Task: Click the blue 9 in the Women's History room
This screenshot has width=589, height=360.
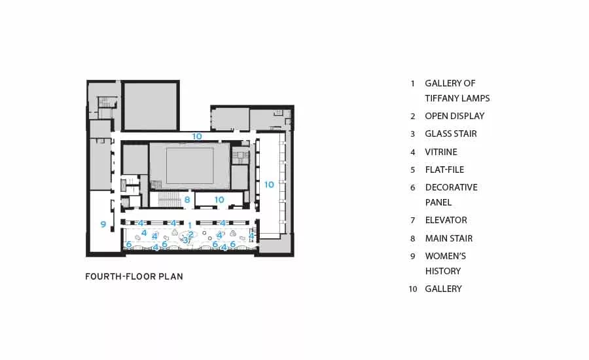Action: coord(103,225)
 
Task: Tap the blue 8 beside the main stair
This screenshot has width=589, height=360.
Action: coord(187,200)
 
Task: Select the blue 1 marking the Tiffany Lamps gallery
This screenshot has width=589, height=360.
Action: coord(190,225)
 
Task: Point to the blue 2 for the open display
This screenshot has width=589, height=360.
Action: coord(191,234)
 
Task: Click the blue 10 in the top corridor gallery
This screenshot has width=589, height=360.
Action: coord(197,136)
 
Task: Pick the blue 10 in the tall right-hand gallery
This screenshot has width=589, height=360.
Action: coord(269,185)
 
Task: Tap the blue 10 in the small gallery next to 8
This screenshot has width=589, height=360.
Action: coord(219,200)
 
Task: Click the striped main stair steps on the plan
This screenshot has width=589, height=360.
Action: coord(170,200)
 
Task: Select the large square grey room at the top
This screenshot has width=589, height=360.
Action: coord(151,106)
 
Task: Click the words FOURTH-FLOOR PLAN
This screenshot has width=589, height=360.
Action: coord(134,277)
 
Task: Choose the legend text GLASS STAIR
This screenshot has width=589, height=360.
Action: coord(451,134)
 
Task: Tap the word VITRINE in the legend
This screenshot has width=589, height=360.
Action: coord(441,152)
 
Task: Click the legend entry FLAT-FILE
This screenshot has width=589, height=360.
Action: coord(444,170)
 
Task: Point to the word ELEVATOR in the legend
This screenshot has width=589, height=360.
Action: coord(446,220)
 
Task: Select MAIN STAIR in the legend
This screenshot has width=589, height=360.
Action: coord(449,238)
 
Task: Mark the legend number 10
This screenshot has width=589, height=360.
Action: coord(413,289)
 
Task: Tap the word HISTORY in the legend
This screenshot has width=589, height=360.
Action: coord(443,271)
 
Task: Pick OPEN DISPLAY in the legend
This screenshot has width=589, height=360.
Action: coord(455,116)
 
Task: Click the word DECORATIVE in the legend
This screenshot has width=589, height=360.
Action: coord(451,187)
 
